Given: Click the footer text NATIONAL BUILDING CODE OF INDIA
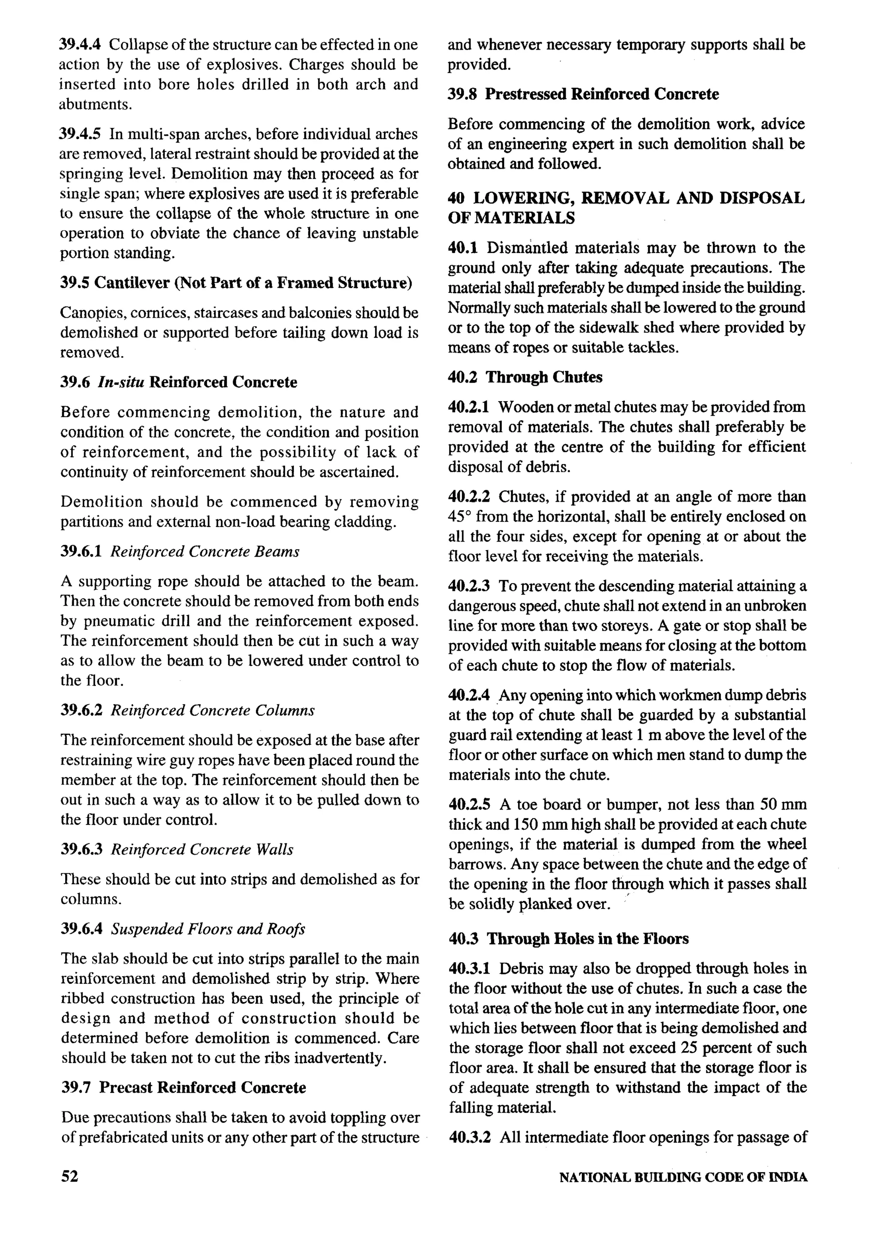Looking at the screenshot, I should [x=683, y=1178].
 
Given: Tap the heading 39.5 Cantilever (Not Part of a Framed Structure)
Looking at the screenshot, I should [x=236, y=283].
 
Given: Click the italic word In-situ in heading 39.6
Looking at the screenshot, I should [x=121, y=382].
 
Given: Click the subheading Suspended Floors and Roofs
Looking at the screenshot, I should [x=208, y=929].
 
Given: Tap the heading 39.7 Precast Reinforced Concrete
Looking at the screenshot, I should [x=183, y=1087].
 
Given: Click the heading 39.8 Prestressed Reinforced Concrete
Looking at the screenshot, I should [x=583, y=94].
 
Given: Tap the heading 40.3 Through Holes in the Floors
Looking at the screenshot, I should [x=568, y=939].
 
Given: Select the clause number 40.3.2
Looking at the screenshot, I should [x=470, y=1137].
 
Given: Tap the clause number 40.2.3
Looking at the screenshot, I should [x=469, y=586].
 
